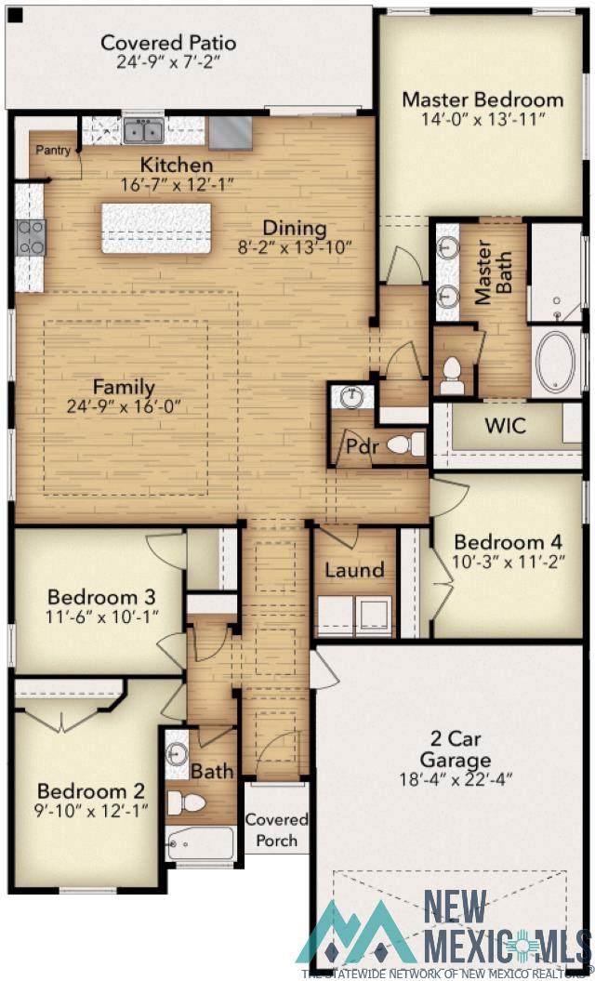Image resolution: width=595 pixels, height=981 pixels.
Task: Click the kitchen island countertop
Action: (156, 229)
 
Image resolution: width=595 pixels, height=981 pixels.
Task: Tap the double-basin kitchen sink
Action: (143, 132)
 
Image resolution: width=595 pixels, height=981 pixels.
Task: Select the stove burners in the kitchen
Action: (31, 238)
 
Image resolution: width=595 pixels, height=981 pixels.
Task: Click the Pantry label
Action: (52, 150)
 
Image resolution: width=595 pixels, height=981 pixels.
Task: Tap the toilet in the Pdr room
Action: (405, 444)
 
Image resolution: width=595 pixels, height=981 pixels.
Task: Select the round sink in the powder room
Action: (351, 396)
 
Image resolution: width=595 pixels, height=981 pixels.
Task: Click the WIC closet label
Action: (506, 426)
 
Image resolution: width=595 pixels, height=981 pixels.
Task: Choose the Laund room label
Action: (355, 570)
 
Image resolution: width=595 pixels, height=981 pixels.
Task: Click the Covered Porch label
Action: (276, 829)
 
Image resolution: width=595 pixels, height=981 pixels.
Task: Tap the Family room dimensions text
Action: (124, 407)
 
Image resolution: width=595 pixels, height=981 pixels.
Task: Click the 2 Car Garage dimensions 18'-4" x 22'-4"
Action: (456, 779)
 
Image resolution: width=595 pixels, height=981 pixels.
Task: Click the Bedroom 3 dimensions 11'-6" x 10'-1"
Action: (102, 615)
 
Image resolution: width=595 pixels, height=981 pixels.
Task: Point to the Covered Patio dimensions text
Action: (167, 62)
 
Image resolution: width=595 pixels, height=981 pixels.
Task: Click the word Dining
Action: (294, 228)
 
